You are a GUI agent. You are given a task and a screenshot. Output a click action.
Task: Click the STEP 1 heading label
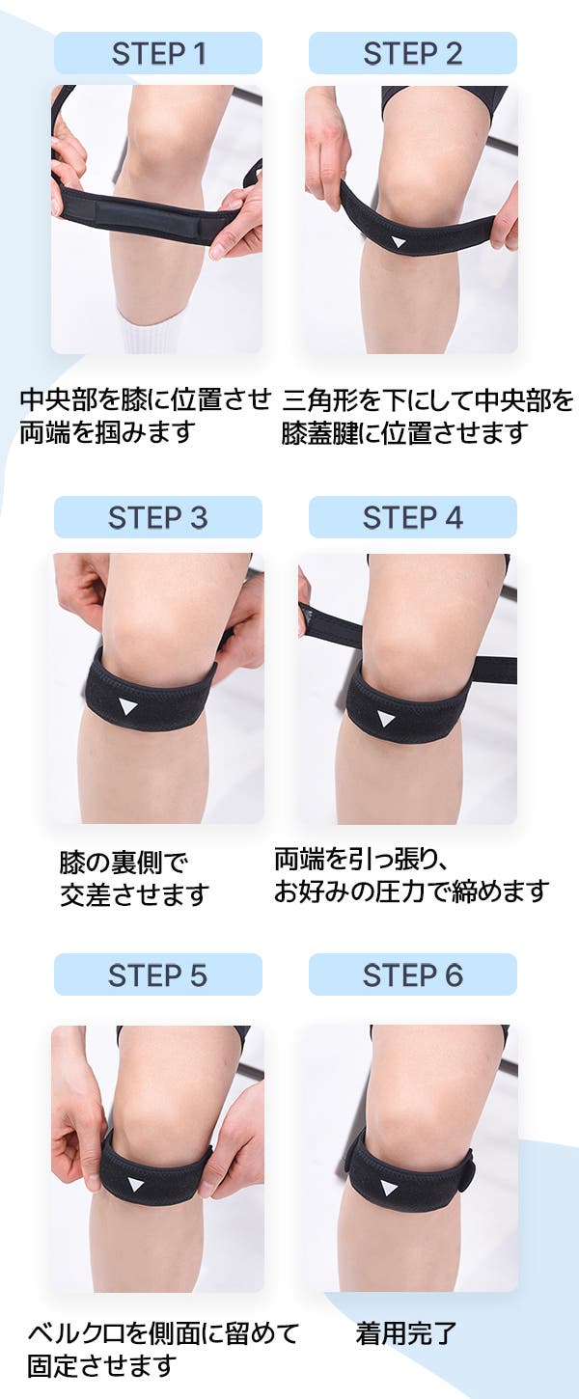coord(158,54)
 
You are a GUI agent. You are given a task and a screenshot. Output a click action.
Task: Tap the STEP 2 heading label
coord(413,54)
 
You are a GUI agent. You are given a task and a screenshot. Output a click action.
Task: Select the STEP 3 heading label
coord(158,518)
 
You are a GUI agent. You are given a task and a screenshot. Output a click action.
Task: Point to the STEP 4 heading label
coord(413,518)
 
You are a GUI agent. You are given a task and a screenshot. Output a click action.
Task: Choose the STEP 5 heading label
coord(158,974)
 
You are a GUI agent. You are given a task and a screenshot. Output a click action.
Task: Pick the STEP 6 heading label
coord(413,974)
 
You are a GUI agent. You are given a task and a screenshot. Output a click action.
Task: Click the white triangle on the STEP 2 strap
coord(398,240)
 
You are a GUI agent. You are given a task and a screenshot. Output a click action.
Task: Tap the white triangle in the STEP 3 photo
coord(126,705)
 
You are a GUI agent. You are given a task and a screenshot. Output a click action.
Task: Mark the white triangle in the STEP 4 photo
coord(386,718)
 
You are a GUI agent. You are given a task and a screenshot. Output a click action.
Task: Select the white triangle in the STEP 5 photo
coord(134,1184)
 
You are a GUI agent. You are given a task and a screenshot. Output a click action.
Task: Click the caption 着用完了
coord(406,1332)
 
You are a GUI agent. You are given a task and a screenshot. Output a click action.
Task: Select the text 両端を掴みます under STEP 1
coord(107,432)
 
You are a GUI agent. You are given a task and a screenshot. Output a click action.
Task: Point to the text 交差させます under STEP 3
coord(134,894)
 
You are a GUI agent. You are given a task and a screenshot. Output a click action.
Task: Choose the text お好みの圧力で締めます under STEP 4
coord(412,892)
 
